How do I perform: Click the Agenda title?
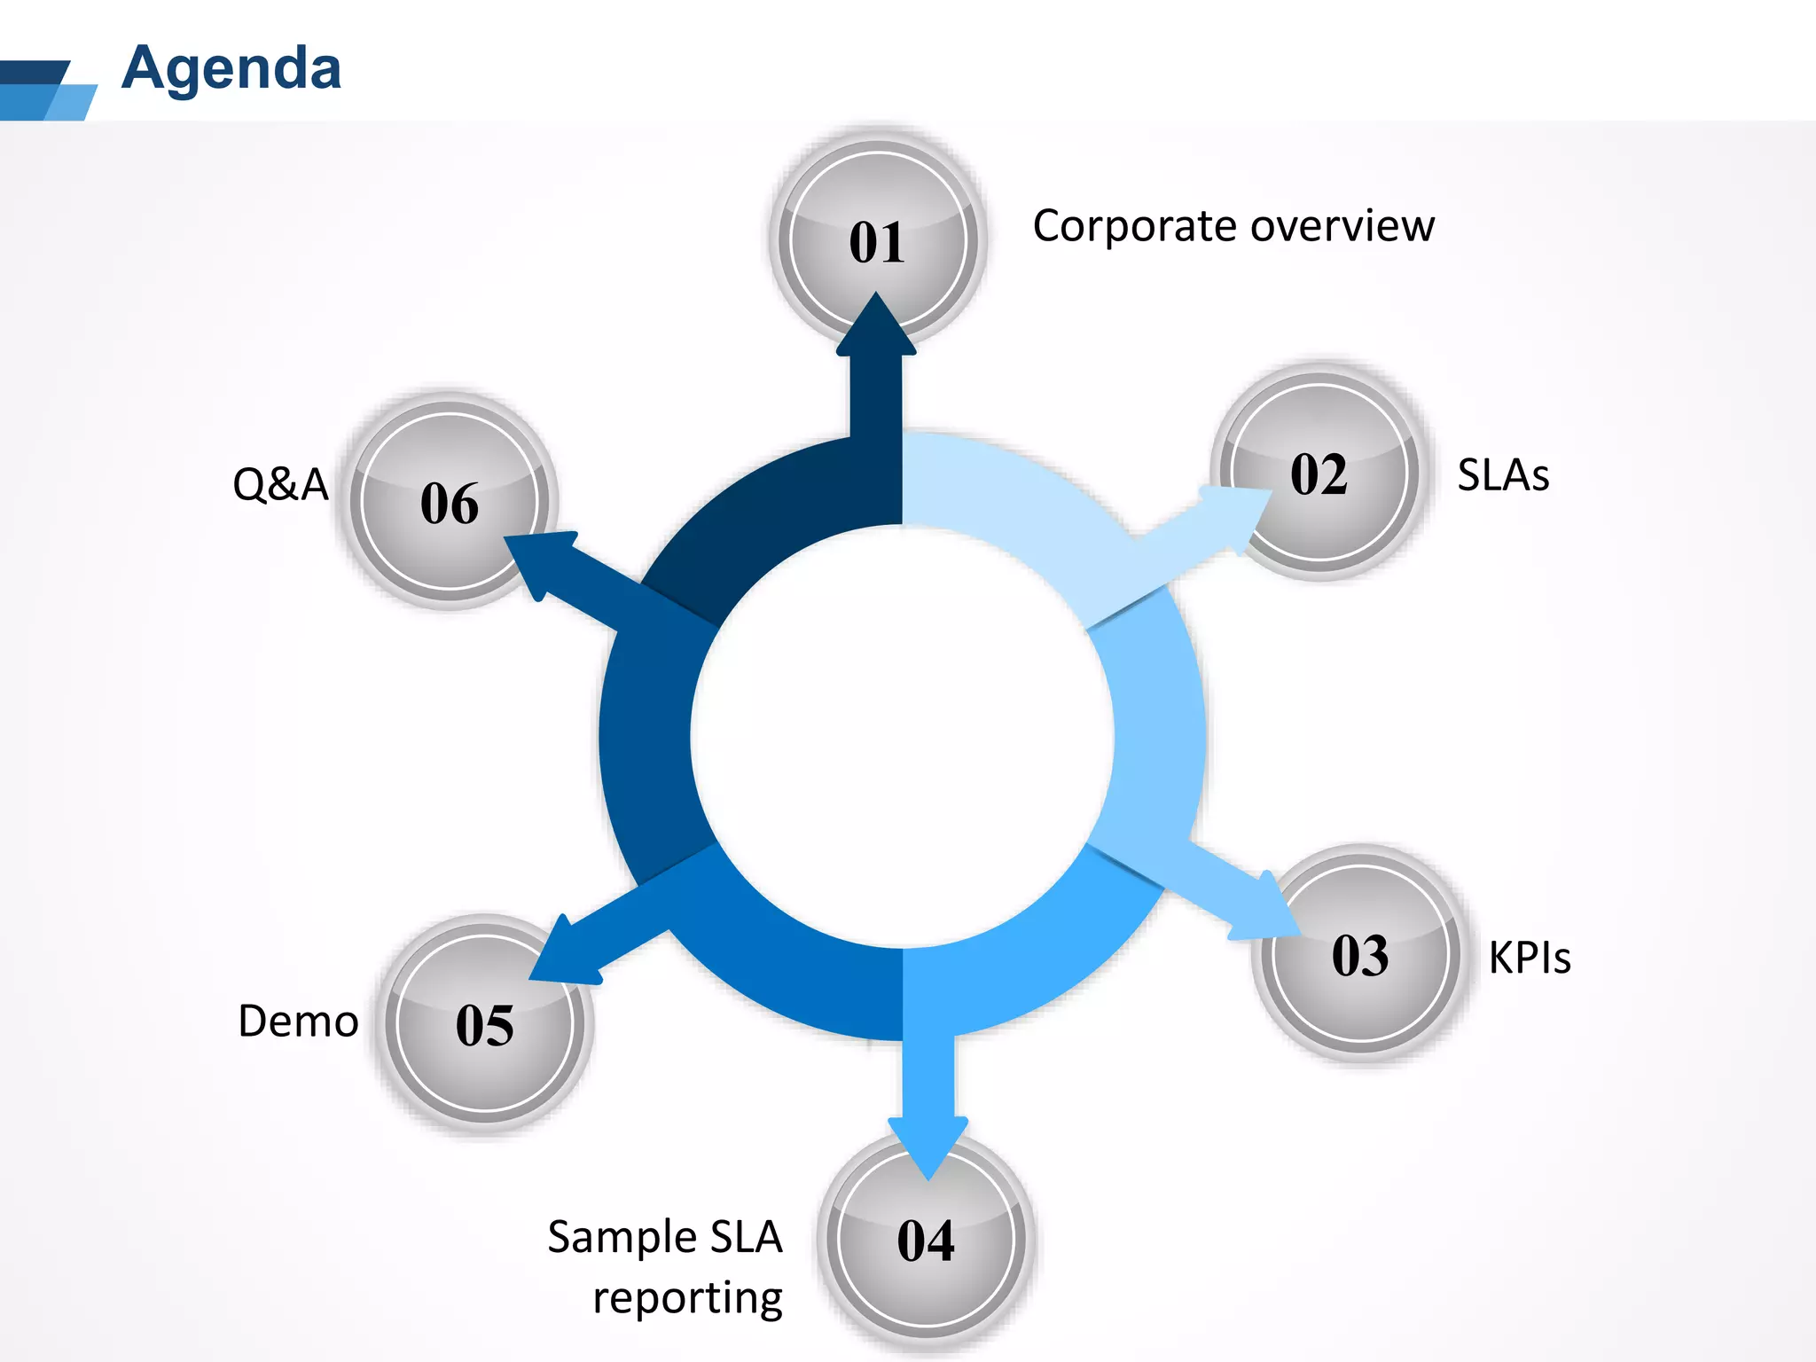pos(231,69)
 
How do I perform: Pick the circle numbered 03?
pos(1360,956)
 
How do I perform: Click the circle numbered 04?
pos(926,1240)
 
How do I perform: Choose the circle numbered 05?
pos(484,1025)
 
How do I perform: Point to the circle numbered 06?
pos(449,503)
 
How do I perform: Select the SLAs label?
pos(1503,475)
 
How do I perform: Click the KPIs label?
pos(1529,958)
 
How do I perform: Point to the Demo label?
pos(298,1021)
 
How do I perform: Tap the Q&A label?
pos(280,485)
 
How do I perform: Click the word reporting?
pos(687,1298)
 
